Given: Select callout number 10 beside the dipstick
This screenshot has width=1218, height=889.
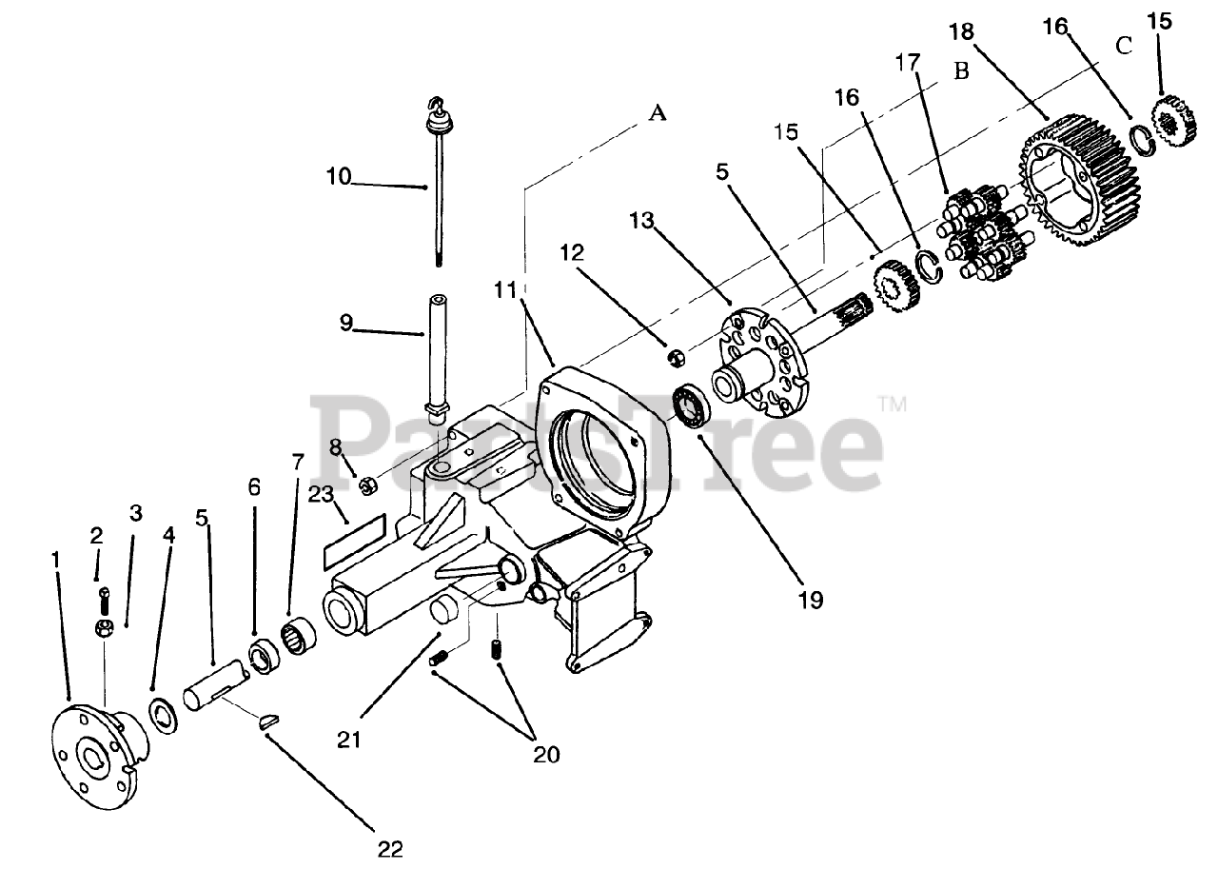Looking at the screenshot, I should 338,176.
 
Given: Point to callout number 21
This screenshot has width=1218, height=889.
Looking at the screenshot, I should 349,739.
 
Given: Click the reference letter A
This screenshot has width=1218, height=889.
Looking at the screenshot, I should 658,113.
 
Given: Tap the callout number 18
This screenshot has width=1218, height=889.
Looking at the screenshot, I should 962,31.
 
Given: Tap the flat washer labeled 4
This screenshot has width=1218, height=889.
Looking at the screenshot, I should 163,715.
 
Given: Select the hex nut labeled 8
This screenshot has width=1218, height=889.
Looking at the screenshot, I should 366,486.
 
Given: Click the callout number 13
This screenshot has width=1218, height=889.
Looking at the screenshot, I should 643,221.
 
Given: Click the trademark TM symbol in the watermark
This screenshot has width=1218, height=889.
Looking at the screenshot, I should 892,405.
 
